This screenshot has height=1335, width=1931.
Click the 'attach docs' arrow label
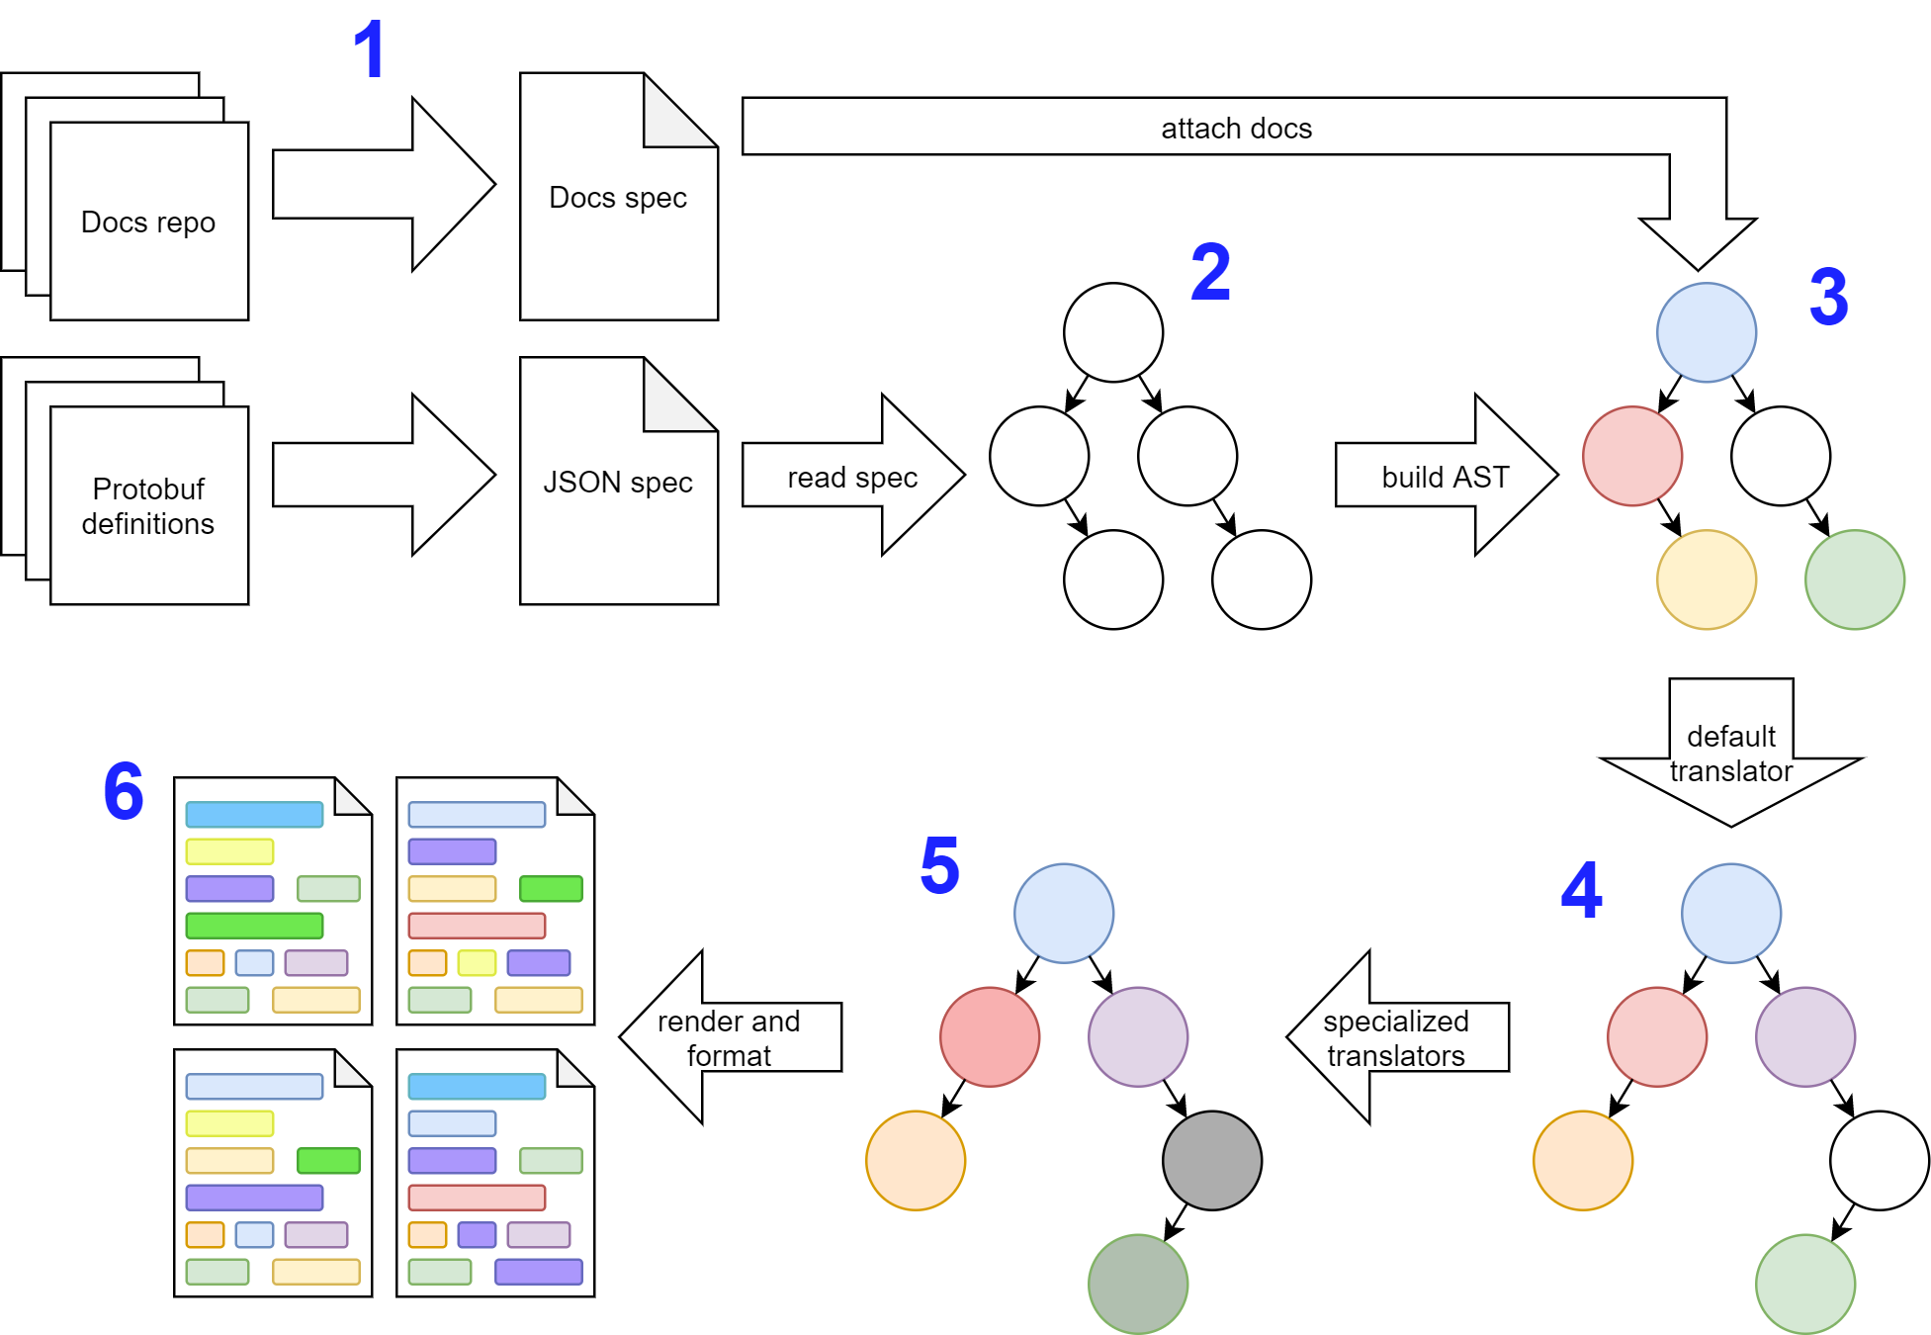pos(1236,129)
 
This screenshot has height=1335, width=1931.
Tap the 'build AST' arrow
pos(1445,477)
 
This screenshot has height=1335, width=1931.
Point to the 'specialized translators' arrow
pos(1395,1037)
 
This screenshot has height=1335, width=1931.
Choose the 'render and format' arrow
pos(729,1037)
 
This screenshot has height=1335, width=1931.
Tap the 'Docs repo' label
pos(148,222)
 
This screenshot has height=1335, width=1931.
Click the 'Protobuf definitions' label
pos(148,505)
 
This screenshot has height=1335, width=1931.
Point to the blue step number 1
pos(369,49)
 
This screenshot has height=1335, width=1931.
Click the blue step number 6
pos(124,791)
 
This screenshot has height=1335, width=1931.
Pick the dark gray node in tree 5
pos(1211,1160)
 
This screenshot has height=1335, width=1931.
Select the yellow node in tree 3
pos(1706,579)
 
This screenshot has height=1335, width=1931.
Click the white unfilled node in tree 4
pos(1879,1160)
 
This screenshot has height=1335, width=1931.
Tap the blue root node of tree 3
pos(1706,332)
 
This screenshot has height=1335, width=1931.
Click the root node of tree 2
pos(1112,332)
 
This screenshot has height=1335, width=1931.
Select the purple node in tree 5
pos(1137,1036)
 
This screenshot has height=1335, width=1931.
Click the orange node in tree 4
pos(1582,1160)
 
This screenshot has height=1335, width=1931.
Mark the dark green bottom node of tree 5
pos(1137,1284)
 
